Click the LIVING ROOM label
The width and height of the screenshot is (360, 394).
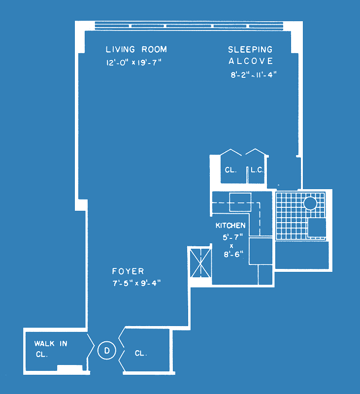pyautogui.click(x=136, y=49)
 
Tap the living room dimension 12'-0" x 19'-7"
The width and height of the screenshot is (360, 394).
pyautogui.click(x=133, y=63)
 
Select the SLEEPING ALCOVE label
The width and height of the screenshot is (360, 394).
pyautogui.click(x=251, y=55)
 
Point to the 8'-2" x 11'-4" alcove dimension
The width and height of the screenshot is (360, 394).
pyautogui.click(x=254, y=75)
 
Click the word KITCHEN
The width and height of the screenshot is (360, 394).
pyautogui.click(x=230, y=226)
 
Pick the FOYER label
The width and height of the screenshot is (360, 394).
pyautogui.click(x=128, y=271)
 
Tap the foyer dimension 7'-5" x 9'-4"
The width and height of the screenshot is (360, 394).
pyautogui.click(x=136, y=283)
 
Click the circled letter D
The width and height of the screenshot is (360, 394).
pyautogui.click(x=107, y=350)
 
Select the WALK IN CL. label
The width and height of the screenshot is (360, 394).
pyautogui.click(x=51, y=349)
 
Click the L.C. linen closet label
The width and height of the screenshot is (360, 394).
pyautogui.click(x=257, y=170)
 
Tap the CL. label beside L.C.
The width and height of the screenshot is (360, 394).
pyautogui.click(x=230, y=170)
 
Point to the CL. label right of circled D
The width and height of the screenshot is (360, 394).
pyautogui.click(x=141, y=353)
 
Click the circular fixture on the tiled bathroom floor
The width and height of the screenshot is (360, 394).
pyautogui.click(x=310, y=203)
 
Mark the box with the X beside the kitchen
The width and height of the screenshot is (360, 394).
pyautogui.click(x=200, y=263)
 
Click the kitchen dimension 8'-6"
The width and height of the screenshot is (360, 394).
pyautogui.click(x=233, y=255)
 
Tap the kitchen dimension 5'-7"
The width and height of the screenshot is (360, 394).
pyautogui.click(x=232, y=237)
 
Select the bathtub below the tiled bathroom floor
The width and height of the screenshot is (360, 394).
pyautogui.click(x=302, y=255)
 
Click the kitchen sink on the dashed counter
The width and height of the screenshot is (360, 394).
pyautogui.click(x=240, y=202)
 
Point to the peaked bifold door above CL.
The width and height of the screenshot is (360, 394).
pyautogui.click(x=231, y=152)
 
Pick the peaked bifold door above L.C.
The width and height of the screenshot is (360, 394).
pyautogui.click(x=256, y=152)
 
